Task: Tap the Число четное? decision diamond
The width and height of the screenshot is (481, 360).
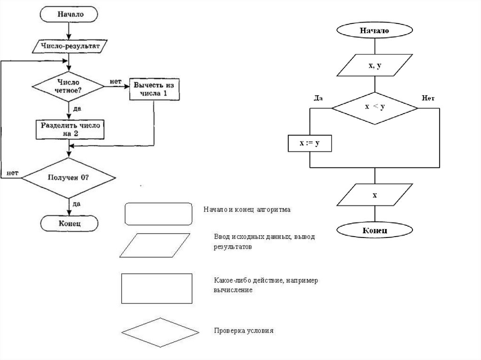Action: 68,86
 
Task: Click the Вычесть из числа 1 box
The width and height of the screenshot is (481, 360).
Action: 154,89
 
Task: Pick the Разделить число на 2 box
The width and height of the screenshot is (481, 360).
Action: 70,129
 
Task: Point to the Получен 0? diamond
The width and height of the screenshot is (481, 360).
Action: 69,178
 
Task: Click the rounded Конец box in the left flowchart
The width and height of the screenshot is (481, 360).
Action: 70,223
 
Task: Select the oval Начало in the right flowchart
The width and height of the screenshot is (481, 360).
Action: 374,31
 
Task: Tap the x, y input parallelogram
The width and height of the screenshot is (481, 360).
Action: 374,66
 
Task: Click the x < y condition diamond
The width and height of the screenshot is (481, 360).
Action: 374,107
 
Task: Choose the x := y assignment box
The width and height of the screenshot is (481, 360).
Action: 310,143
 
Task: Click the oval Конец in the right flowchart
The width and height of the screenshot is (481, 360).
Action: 374,231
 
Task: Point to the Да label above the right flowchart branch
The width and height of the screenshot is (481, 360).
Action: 318,98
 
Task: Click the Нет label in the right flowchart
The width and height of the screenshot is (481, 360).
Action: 428,98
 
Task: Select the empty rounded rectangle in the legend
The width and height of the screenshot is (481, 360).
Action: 159,214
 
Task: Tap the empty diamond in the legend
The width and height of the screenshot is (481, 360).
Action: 160,332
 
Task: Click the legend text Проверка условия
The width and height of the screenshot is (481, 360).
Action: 243,330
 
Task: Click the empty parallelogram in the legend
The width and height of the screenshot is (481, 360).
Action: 155,245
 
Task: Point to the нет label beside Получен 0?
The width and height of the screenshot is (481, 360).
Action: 13,173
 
